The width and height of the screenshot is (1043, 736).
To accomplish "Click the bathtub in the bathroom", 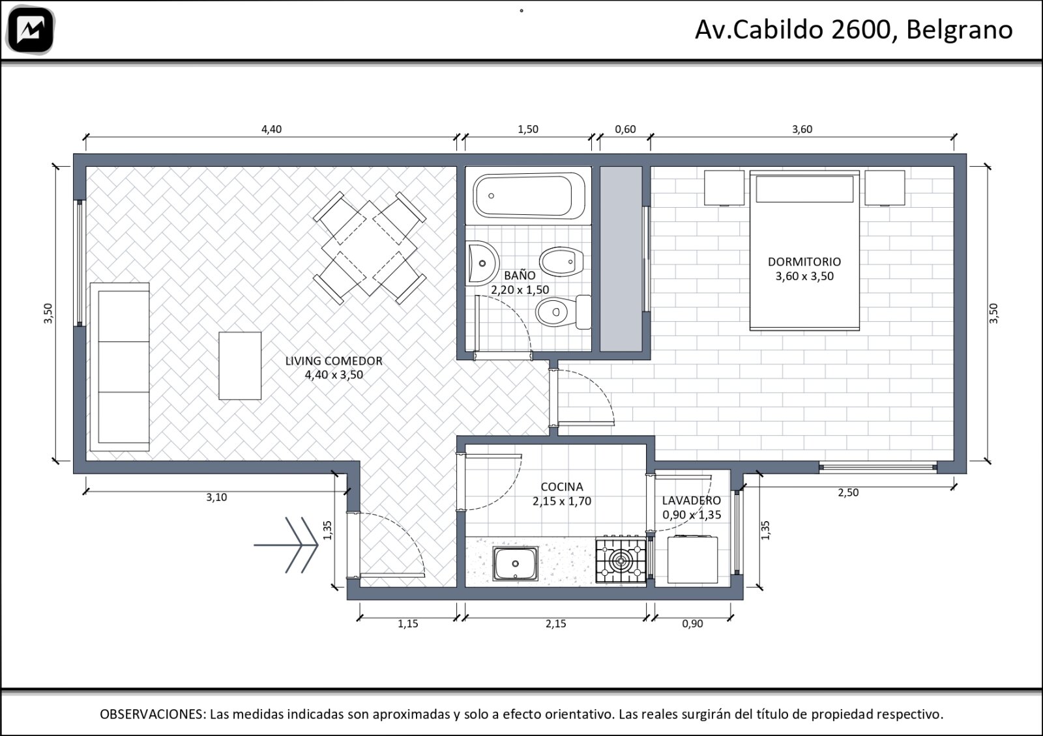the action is pyautogui.click(x=529, y=196).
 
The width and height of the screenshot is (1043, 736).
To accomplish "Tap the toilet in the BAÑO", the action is pyautogui.click(x=563, y=312).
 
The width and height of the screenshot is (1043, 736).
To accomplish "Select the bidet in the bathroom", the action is pyautogui.click(x=561, y=262).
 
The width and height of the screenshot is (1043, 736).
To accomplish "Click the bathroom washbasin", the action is pyautogui.click(x=482, y=263).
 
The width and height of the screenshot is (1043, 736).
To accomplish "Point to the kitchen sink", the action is pyautogui.click(x=515, y=564).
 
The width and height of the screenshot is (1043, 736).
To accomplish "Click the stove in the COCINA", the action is pyautogui.click(x=621, y=561).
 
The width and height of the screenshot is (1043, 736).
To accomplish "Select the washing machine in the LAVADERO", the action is pyautogui.click(x=692, y=559).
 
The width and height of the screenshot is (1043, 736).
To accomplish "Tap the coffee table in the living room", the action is pyautogui.click(x=240, y=365).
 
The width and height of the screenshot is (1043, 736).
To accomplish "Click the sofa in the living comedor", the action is pyautogui.click(x=120, y=367).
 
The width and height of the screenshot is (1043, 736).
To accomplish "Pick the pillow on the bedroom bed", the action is pyautogui.click(x=804, y=189).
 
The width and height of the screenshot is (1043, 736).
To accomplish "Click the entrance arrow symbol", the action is pyautogui.click(x=286, y=545).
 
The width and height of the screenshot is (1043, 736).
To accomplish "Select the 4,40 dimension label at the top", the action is pyautogui.click(x=271, y=130).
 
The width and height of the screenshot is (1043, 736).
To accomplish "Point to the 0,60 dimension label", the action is pyautogui.click(x=625, y=130).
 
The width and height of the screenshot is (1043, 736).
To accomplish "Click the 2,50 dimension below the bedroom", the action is pyautogui.click(x=848, y=492).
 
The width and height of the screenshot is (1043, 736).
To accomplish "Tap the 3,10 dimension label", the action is pyautogui.click(x=216, y=498).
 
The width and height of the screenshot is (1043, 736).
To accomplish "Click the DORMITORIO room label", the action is pyautogui.click(x=804, y=262).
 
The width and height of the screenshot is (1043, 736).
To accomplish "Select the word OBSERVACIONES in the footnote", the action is pyautogui.click(x=153, y=714).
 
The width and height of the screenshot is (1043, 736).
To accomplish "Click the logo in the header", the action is pyautogui.click(x=31, y=30).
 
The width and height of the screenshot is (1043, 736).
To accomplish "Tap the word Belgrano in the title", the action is pyautogui.click(x=960, y=30).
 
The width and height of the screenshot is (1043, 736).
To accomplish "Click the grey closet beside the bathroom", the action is pyautogui.click(x=621, y=259).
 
